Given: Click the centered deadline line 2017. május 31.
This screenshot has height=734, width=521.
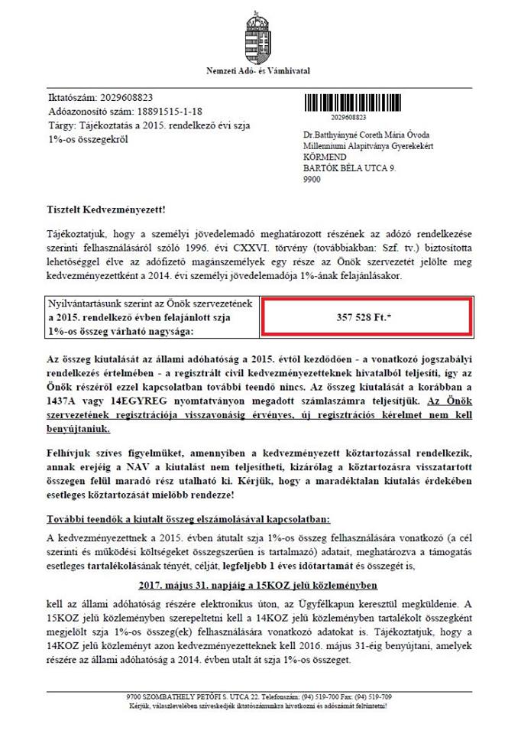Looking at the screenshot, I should (259, 586).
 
